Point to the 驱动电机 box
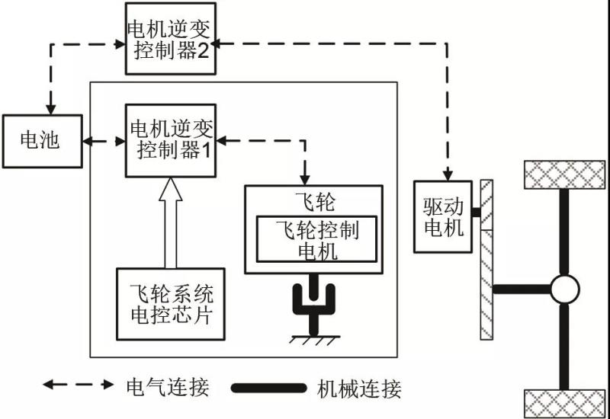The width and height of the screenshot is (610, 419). [x=443, y=216]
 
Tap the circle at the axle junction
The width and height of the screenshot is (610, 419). [x=565, y=289]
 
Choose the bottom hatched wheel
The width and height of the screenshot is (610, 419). [x=565, y=401]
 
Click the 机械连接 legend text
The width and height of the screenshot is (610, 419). [x=358, y=389]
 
